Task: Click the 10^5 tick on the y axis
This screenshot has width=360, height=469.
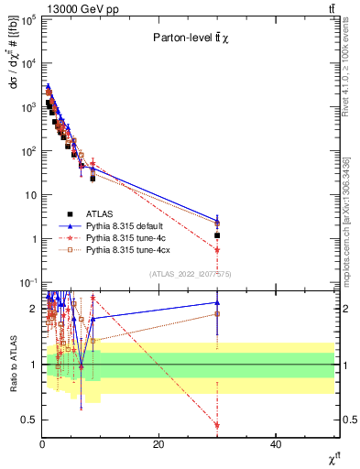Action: [28, 19]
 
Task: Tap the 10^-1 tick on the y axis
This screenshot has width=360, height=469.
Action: [28, 282]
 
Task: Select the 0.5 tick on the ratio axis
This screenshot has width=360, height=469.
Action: [30, 420]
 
